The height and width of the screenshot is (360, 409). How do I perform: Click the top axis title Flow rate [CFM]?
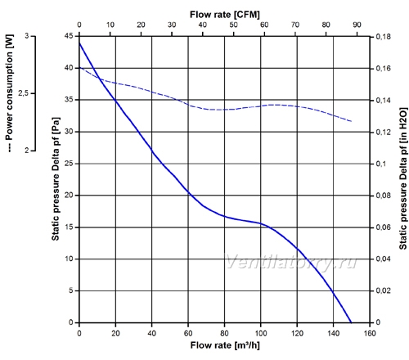[225, 15]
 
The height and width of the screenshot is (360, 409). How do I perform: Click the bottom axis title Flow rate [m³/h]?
[225, 345]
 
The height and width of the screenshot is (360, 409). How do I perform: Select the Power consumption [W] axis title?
[9, 93]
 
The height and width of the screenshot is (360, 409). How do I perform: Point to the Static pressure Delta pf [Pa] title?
[56, 179]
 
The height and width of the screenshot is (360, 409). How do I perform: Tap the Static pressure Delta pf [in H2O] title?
[403, 178]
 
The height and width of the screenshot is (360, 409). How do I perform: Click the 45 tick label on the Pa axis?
[69, 36]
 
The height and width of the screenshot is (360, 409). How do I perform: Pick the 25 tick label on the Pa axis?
[69, 164]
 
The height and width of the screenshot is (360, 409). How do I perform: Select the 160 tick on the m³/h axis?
[370, 333]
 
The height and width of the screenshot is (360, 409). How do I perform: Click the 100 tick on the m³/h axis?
[261, 333]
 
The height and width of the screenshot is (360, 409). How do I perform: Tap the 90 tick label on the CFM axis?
[357, 25]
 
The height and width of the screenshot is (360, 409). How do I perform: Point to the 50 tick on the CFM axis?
[233, 25]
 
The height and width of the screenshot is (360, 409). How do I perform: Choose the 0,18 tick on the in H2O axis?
[383, 37]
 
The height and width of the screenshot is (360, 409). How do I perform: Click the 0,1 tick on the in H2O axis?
[381, 164]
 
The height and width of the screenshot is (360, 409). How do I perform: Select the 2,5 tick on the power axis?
[23, 93]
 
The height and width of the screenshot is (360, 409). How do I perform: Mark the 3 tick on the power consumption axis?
[27, 36]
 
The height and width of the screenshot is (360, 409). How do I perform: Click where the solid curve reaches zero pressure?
[351, 322]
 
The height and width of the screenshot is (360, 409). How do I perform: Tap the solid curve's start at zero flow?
[79, 43]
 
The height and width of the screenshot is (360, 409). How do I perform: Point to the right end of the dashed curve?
[352, 121]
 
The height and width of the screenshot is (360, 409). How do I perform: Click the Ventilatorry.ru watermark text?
[290, 262]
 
